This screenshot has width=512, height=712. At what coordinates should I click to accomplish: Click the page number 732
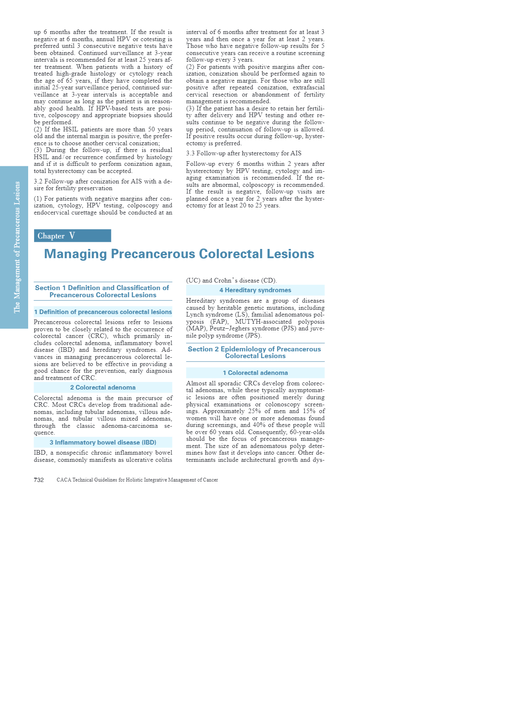pos(39,480)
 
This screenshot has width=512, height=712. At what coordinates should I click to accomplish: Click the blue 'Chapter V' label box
pos(72,236)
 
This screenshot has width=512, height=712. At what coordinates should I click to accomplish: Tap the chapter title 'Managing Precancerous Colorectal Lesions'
pos(179,254)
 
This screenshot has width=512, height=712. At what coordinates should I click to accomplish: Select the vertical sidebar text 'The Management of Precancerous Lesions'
pos(17,247)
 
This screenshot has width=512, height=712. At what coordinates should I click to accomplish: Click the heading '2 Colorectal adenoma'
pos(103,387)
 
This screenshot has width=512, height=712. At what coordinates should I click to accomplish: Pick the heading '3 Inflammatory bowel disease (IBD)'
pos(103,442)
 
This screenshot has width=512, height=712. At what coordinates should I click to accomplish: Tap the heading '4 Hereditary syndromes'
pos(255,290)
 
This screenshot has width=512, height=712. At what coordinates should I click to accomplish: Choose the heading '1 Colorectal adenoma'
pos(255,373)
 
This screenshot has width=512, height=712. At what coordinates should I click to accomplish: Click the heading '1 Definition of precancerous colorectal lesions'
pos(103,312)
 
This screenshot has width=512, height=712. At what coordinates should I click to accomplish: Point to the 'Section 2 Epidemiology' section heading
pos(254,352)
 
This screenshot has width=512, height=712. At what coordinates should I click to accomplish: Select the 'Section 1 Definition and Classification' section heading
pos(102,291)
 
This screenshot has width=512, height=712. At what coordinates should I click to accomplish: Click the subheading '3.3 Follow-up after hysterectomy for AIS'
pos(244,153)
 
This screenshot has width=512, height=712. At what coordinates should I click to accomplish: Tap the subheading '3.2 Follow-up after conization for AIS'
pos(103,185)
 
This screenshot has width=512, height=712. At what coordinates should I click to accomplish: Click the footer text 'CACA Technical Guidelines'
pos(137,480)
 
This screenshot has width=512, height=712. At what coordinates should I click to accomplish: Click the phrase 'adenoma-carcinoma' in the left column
pos(129,426)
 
